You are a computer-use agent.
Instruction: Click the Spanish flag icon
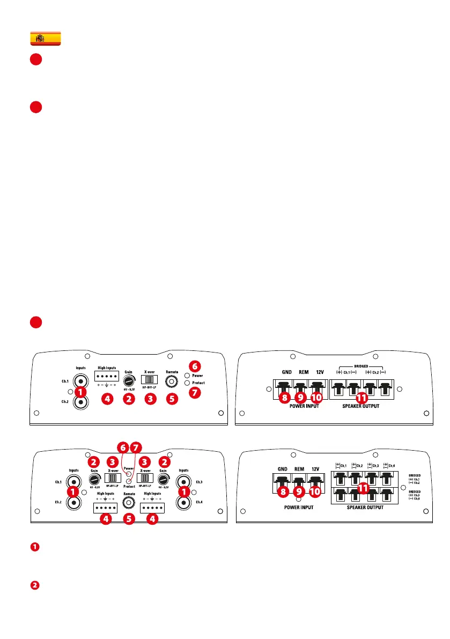tap(45, 38)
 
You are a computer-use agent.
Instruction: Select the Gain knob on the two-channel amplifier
tap(129, 380)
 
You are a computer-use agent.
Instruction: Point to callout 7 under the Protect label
tap(195, 392)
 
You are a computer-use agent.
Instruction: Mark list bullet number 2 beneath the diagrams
tap(34, 585)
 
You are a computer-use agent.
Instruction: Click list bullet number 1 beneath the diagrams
tap(34, 547)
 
